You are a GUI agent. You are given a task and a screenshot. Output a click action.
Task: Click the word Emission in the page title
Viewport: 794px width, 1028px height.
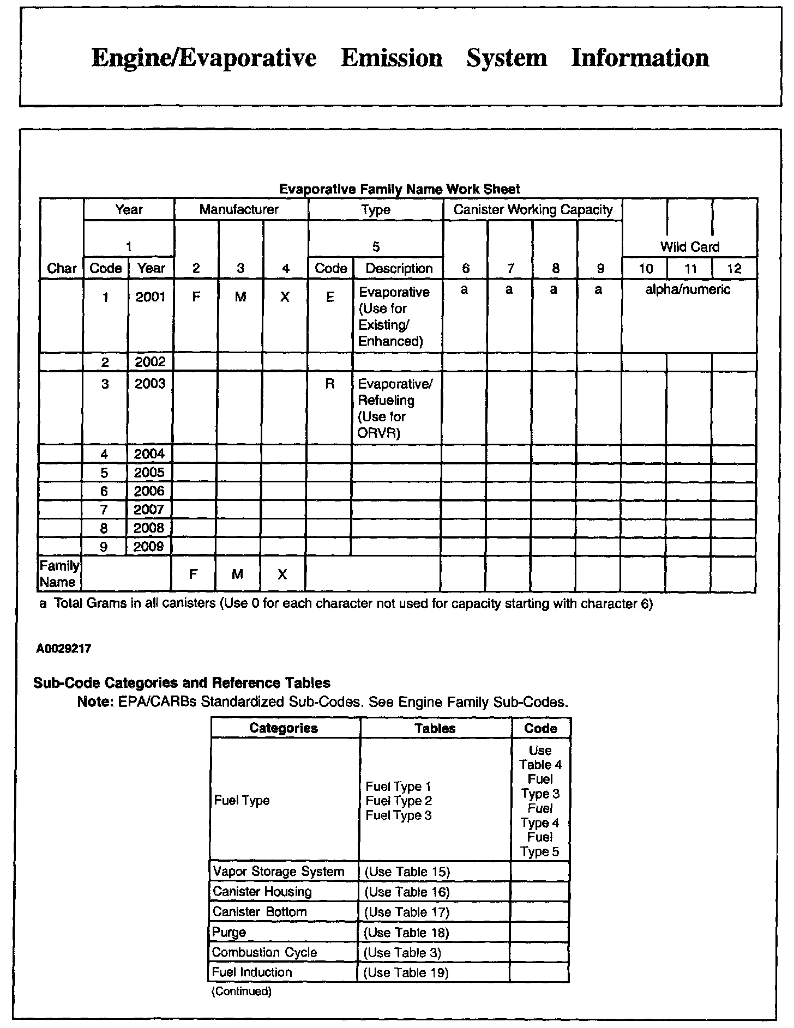pyautogui.click(x=392, y=58)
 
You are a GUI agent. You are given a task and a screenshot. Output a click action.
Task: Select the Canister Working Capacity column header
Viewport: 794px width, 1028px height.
pyautogui.click(x=533, y=210)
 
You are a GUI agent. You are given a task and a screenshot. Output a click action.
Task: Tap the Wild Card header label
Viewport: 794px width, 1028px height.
pyautogui.click(x=689, y=247)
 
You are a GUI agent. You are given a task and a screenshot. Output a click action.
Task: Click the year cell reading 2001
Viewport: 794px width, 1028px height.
pyautogui.click(x=151, y=297)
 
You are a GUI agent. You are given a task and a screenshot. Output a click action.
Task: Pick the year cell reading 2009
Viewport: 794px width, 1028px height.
pyautogui.click(x=149, y=547)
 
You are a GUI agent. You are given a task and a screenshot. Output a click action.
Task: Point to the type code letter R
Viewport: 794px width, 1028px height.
pyautogui.click(x=330, y=384)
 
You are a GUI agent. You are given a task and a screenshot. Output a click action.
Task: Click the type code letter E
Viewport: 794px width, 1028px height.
pyautogui.click(x=330, y=297)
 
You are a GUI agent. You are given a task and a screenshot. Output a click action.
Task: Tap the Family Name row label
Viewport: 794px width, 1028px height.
pyautogui.click(x=59, y=574)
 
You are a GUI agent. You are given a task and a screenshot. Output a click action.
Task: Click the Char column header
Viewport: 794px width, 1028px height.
pyautogui.click(x=62, y=268)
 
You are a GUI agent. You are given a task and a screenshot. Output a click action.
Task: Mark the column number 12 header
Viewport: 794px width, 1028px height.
pyautogui.click(x=734, y=268)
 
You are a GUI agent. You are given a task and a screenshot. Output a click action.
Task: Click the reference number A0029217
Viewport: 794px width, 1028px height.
pyautogui.click(x=64, y=649)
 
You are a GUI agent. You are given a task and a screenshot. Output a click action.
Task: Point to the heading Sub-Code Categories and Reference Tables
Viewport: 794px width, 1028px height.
pyautogui.click(x=182, y=683)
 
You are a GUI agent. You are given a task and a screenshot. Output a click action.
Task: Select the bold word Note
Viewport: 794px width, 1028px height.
pyautogui.click(x=94, y=702)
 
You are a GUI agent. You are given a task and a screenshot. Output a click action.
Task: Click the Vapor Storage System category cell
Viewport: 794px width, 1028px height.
pyautogui.click(x=279, y=872)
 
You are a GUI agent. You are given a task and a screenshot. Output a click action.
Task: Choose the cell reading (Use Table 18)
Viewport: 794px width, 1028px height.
pyautogui.click(x=406, y=933)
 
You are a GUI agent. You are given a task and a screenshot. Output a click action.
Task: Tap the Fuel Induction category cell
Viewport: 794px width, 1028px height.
pyautogui.click(x=252, y=972)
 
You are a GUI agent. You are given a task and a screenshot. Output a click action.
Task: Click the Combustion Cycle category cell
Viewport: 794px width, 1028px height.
pyautogui.click(x=264, y=952)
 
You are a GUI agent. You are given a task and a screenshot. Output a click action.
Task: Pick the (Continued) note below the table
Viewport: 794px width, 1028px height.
pyautogui.click(x=241, y=991)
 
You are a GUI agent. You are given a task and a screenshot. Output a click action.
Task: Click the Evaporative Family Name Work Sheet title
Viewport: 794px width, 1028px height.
pyautogui.click(x=399, y=189)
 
